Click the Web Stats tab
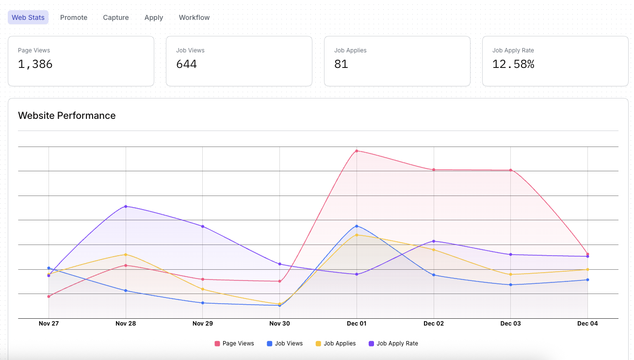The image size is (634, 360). click(x=28, y=17)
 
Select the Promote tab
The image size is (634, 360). click(x=74, y=17)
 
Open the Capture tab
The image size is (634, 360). click(x=116, y=17)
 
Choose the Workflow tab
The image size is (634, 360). click(x=194, y=17)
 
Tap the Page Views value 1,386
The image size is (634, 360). click(x=35, y=64)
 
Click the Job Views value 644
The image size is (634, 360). click(x=186, y=64)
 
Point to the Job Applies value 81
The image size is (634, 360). click(x=341, y=64)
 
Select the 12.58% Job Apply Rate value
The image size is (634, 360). click(x=513, y=64)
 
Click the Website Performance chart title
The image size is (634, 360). click(x=67, y=115)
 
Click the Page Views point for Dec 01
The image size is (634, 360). click(x=357, y=151)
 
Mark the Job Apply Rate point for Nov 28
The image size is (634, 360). click(x=126, y=206)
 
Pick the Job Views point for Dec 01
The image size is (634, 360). click(x=357, y=226)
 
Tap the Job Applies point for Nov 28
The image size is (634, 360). click(x=126, y=254)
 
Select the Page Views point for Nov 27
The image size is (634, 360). click(x=49, y=296)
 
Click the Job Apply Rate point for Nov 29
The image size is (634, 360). click(x=202, y=227)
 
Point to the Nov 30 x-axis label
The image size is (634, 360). click(x=279, y=324)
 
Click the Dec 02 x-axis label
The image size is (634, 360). click(x=433, y=324)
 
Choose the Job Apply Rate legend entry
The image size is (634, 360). click(x=393, y=344)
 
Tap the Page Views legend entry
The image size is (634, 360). click(x=234, y=344)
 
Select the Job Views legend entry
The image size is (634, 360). click(x=285, y=344)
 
